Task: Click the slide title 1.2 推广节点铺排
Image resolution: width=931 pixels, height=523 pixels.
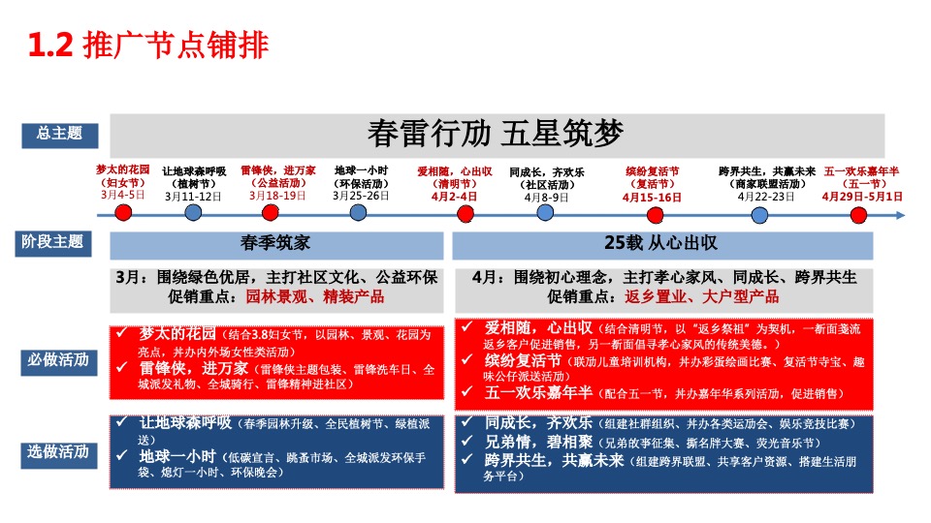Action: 148,46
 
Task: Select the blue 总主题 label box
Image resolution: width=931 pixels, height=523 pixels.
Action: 53,134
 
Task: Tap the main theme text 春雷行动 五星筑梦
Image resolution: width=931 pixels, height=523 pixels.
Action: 496,134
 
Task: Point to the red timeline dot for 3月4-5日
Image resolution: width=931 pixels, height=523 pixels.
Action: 122,212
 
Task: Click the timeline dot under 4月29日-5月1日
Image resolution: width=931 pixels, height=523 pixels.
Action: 857,212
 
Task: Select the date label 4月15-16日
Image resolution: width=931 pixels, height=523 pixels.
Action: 652,197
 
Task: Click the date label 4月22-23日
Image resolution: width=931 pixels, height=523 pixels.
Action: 766,196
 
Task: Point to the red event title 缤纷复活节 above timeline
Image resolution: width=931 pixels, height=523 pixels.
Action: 652,170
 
